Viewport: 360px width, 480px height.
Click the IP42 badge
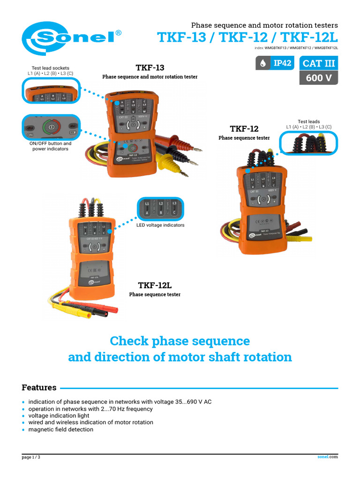[277, 63]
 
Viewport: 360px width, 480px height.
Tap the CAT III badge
[319, 63]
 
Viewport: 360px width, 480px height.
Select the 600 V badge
[319, 78]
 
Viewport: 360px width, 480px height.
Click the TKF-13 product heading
[150, 67]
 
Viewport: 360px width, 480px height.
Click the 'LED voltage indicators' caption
[160, 225]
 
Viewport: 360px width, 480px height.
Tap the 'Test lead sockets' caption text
[50, 68]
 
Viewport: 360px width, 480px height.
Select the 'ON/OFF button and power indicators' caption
[50, 146]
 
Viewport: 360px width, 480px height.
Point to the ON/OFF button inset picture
[50, 127]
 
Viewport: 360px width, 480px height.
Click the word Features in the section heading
[39, 388]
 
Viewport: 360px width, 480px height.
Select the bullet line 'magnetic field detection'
[61, 429]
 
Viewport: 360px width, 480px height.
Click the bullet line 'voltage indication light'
[59, 416]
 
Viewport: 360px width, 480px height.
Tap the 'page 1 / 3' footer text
[31, 457]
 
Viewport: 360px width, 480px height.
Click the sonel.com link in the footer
[328, 457]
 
